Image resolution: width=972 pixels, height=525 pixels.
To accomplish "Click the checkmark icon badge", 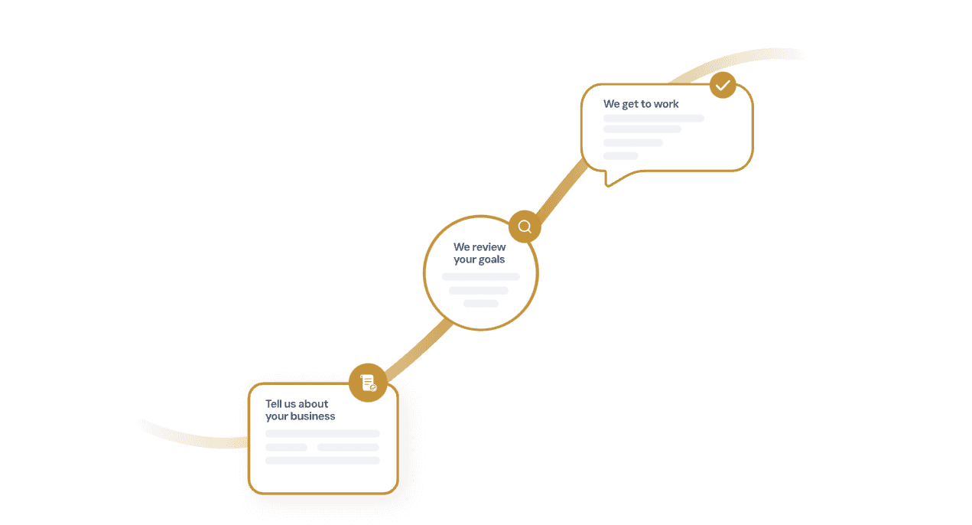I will tap(723, 85).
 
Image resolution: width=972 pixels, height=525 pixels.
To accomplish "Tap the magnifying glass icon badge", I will tap(525, 227).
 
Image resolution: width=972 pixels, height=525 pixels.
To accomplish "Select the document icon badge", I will tap(368, 383).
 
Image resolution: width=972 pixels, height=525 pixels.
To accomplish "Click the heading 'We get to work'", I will tap(641, 104).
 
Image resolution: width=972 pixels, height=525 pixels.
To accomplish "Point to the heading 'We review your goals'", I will tap(479, 253).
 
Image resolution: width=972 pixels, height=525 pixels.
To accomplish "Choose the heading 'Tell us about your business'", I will tap(300, 410).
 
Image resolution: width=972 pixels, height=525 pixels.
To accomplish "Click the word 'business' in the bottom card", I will tap(311, 416).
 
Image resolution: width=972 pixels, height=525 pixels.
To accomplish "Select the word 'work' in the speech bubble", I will tap(666, 104).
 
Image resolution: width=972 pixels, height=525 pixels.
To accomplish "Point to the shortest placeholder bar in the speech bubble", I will tap(620, 155).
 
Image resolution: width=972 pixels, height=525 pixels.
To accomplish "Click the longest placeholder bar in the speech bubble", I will tap(653, 119).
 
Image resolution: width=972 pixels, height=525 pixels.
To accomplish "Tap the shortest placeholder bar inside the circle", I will tap(480, 304).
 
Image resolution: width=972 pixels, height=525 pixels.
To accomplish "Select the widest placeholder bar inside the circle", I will tap(480, 276).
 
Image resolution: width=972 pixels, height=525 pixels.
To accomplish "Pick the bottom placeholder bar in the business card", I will tap(322, 461).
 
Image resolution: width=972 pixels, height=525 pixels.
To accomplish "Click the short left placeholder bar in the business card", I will tap(286, 447).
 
